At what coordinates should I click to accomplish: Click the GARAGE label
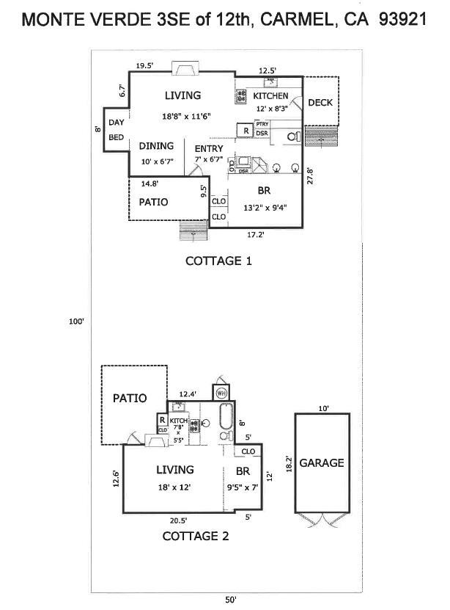click(x=321, y=463)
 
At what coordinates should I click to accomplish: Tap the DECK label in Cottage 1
click(x=320, y=103)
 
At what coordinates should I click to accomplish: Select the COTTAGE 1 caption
click(x=218, y=261)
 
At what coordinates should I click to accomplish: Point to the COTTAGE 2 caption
click(x=195, y=536)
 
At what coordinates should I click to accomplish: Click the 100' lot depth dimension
click(x=77, y=321)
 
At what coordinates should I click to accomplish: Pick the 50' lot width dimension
click(x=230, y=600)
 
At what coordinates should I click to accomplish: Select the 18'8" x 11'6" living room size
click(x=182, y=116)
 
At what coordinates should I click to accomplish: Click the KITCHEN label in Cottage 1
click(x=270, y=96)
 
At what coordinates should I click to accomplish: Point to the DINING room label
click(x=156, y=145)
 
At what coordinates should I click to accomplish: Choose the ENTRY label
click(x=209, y=148)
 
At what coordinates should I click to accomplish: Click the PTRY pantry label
click(x=262, y=124)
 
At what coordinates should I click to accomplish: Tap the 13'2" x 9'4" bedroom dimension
click(x=264, y=206)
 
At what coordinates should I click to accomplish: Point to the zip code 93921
click(x=402, y=20)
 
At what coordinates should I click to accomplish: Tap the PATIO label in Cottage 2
click(x=130, y=398)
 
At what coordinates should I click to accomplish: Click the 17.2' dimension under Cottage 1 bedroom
click(x=256, y=236)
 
